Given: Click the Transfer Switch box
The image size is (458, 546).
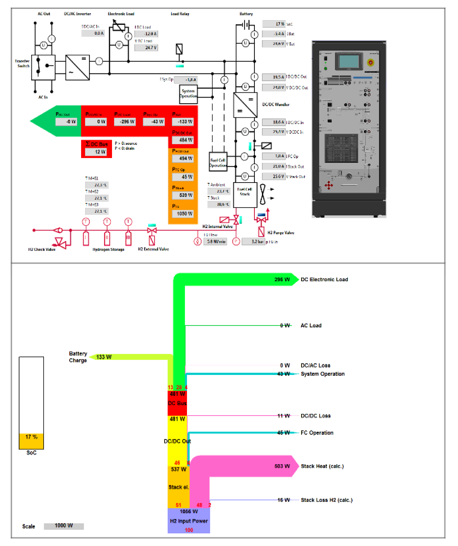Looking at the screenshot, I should (x=43, y=67).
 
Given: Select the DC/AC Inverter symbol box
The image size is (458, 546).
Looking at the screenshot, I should (x=77, y=67).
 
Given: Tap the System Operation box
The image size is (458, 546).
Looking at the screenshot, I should (x=188, y=94).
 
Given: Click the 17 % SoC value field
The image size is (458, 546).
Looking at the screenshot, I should (x=274, y=24).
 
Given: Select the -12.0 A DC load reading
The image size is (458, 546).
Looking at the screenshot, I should (x=146, y=34).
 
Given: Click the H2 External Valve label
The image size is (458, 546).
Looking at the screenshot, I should (x=153, y=249).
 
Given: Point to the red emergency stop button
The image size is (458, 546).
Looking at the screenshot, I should (x=371, y=62).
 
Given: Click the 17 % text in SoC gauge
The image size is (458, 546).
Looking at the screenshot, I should (x=31, y=437).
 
